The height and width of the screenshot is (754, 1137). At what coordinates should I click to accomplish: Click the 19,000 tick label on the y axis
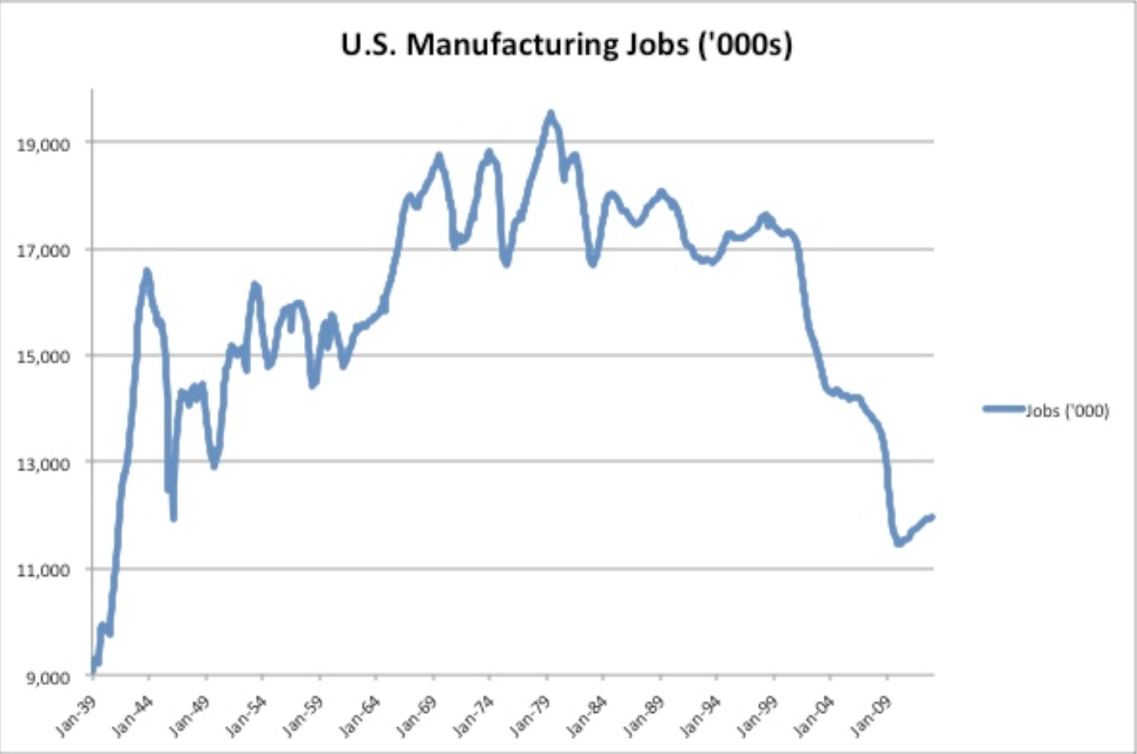click(x=43, y=144)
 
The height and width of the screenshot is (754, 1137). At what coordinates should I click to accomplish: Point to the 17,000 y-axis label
click(x=43, y=250)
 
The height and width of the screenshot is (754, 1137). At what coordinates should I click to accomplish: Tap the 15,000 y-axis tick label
click(x=43, y=357)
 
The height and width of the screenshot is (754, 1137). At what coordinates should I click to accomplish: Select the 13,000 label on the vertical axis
click(x=43, y=463)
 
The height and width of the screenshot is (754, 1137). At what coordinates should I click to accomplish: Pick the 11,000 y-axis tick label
click(x=43, y=570)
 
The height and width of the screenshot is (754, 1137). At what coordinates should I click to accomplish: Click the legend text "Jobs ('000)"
click(x=1066, y=411)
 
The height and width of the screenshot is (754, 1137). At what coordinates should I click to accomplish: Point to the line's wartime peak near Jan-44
click(x=147, y=271)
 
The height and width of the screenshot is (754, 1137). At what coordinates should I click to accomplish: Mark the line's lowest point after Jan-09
click(x=899, y=544)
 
